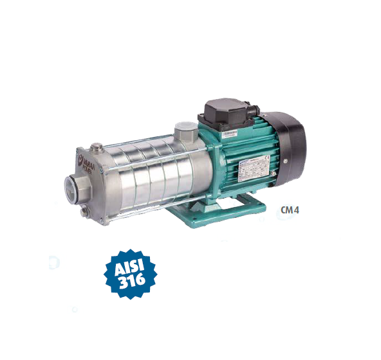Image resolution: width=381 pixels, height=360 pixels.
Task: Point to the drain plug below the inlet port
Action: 84,214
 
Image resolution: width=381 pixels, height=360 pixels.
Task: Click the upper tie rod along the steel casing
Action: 142,143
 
